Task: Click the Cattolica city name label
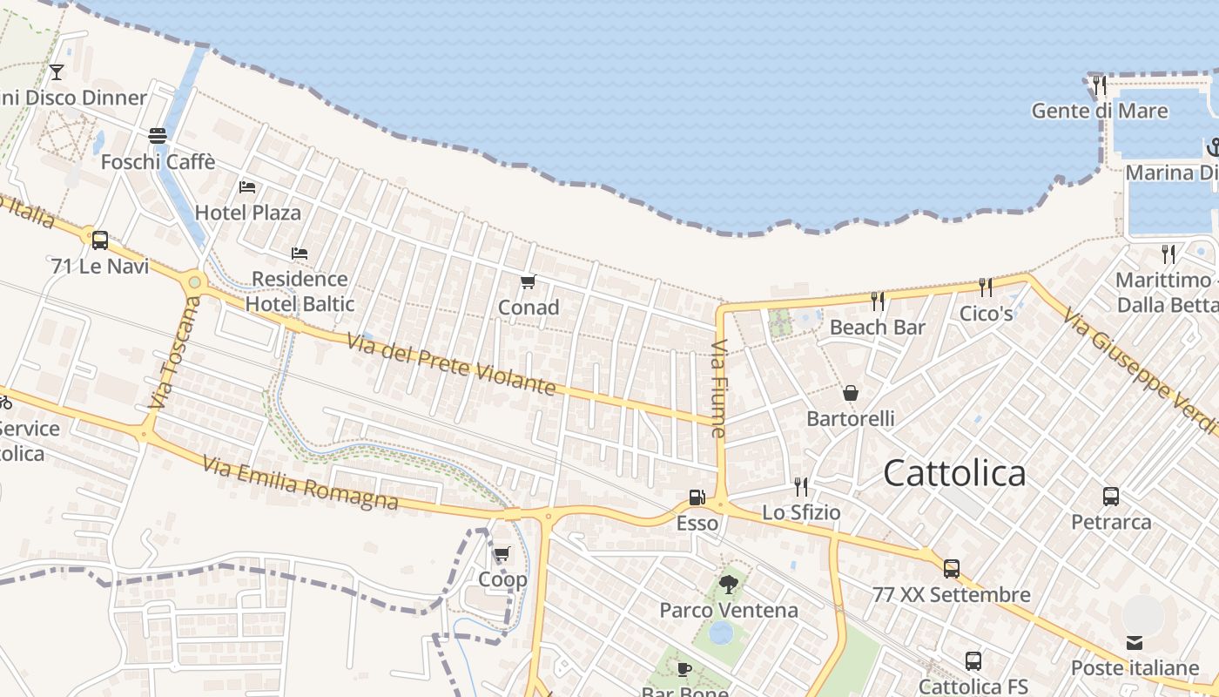point(954,473)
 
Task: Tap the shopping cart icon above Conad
point(528,281)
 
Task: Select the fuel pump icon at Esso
point(697,497)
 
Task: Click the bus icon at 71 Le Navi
point(100,240)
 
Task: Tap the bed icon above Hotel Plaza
point(247,186)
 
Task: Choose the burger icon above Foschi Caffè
point(158,136)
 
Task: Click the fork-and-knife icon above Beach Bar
point(878,301)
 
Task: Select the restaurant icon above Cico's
point(986,288)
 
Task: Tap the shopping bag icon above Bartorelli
point(851,393)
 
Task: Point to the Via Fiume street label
point(718,389)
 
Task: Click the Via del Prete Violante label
point(451,363)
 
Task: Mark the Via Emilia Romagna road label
point(300,483)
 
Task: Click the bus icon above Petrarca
point(1111,497)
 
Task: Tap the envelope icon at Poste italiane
point(1135,643)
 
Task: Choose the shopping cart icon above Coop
point(502,554)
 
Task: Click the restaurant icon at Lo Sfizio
point(801,486)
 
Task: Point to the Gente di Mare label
point(1100,111)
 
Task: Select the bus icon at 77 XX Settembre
point(952,569)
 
